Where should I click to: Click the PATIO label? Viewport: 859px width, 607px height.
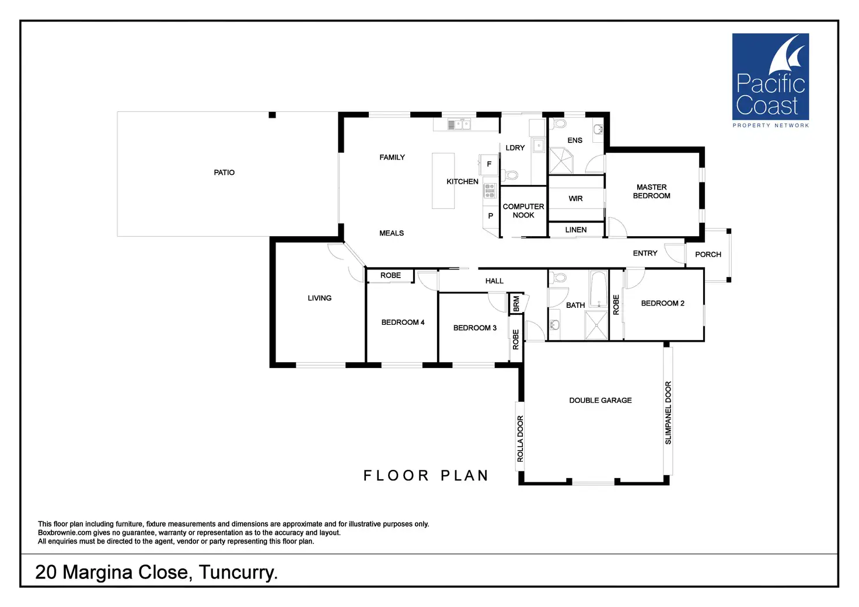(224, 173)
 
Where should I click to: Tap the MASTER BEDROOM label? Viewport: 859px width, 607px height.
(651, 191)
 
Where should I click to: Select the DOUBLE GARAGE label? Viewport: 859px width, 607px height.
(600, 401)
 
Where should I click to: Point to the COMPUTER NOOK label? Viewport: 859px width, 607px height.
(523, 210)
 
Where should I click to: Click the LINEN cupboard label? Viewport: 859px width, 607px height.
(575, 230)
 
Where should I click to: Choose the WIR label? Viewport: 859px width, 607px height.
(575, 199)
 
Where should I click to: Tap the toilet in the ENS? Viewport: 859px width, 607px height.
(559, 124)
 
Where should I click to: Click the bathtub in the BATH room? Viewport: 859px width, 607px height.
(598, 289)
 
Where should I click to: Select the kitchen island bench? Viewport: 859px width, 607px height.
(443, 181)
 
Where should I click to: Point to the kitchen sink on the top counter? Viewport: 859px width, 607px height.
(459, 124)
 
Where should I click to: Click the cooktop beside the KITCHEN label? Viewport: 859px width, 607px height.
(490, 190)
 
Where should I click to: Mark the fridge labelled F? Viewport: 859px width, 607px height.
(489, 164)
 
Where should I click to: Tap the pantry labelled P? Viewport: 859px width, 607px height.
(490, 216)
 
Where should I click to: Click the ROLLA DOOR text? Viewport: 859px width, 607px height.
(520, 438)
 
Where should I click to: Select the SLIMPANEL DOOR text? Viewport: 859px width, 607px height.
(668, 413)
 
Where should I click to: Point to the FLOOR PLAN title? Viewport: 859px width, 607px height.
(426, 476)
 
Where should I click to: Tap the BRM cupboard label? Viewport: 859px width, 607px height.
(516, 304)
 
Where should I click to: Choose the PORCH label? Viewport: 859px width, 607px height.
(708, 254)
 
